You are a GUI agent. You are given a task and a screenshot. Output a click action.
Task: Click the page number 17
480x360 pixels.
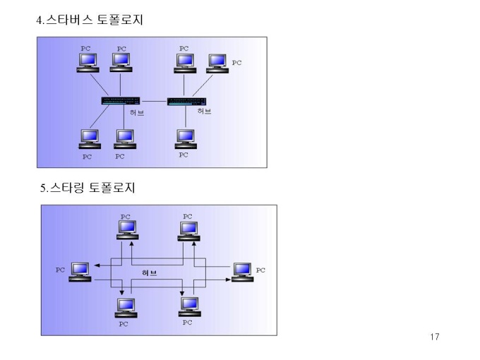tap(434, 337)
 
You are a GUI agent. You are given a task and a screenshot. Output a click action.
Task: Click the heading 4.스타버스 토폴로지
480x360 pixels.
tap(90, 20)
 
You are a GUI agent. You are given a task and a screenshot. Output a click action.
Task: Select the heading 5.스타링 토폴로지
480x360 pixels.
tap(88, 188)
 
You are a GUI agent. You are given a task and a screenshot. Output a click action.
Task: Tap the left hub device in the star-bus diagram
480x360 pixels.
tap(120, 101)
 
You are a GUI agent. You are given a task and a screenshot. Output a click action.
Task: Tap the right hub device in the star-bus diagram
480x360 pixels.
tap(186, 101)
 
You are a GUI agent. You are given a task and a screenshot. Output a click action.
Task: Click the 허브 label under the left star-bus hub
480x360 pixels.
tap(137, 113)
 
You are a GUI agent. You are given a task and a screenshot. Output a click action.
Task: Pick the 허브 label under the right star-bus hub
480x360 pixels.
tap(204, 112)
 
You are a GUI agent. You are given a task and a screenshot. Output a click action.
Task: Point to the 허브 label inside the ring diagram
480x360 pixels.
tap(150, 272)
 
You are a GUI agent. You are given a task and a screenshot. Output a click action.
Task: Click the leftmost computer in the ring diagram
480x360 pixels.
tap(80, 272)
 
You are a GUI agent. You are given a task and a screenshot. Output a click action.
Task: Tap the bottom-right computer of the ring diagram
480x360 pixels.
tap(188, 306)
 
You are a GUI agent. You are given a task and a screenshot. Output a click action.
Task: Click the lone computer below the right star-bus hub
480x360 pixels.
tap(185, 138)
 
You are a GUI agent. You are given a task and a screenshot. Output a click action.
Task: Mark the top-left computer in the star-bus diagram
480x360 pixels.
tap(88, 63)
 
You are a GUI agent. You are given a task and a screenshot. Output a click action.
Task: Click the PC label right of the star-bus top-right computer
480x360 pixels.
tap(236, 63)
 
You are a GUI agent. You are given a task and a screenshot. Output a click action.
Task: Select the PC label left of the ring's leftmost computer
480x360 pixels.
tap(60, 270)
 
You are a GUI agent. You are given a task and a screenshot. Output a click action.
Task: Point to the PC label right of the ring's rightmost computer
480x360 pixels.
tap(260, 270)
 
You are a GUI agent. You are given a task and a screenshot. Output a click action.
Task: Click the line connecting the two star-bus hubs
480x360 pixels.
tap(153, 101)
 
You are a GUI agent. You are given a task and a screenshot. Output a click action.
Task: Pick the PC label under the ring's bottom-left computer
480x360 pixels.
tap(124, 324)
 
